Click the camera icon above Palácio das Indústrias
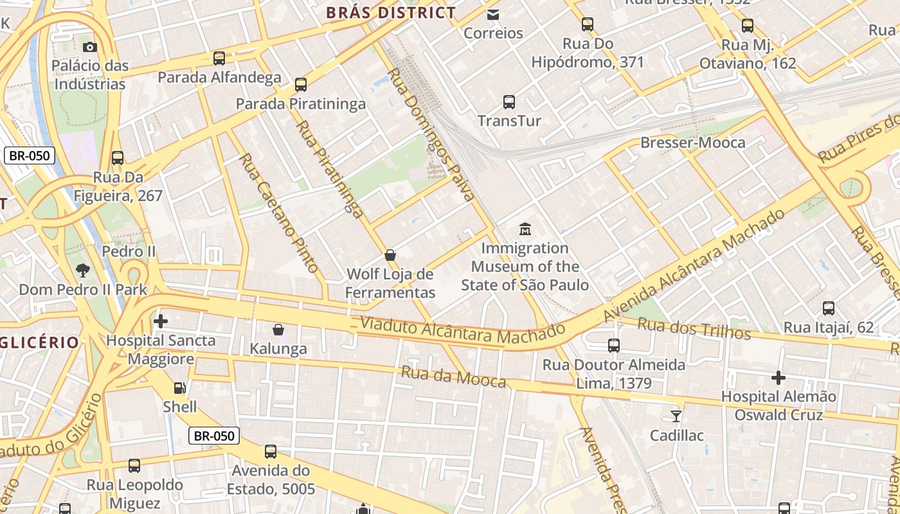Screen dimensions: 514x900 pos(90,47)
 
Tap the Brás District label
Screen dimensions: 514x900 pos(391,12)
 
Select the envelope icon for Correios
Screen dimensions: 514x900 pos(493,14)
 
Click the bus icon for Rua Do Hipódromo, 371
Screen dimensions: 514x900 pos(587,24)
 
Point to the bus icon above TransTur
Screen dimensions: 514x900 pos(509,102)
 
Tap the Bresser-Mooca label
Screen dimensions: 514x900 pos(693,143)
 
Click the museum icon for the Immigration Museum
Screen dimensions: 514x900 pos(525,229)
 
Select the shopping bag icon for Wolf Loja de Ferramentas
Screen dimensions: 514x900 pos(390,255)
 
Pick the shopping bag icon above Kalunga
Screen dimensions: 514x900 pos(278,330)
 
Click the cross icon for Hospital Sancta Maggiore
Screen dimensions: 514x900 pos(161,321)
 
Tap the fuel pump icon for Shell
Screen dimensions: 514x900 pos(180,387)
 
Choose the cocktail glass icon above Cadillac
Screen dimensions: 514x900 pos(676,416)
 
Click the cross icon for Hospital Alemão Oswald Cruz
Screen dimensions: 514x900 pos(779,377)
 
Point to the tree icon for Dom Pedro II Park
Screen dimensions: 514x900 pos(82,270)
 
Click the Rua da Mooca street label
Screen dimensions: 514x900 pos(453,377)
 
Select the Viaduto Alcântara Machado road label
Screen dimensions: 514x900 pos(462,330)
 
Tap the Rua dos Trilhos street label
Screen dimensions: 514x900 pos(694,328)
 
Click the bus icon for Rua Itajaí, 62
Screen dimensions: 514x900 pos(828,308)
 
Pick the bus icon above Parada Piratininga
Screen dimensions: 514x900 pos(300,84)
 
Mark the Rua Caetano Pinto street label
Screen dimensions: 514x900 pos(279,213)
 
